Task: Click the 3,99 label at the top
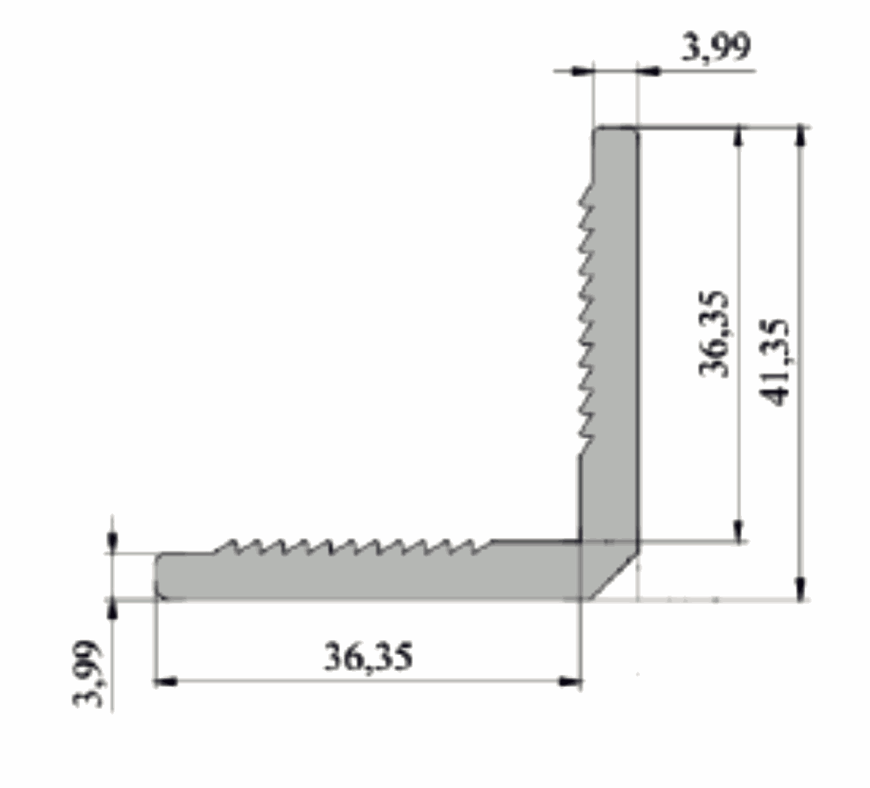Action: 717,47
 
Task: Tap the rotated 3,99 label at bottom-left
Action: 89,674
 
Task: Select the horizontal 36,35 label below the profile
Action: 369,657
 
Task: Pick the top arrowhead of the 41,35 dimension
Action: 800,137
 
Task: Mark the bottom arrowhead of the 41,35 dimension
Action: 800,589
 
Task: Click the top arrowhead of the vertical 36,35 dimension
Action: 739,137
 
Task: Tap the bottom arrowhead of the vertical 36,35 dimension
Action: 739,530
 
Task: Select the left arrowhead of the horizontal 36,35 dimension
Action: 165,681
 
